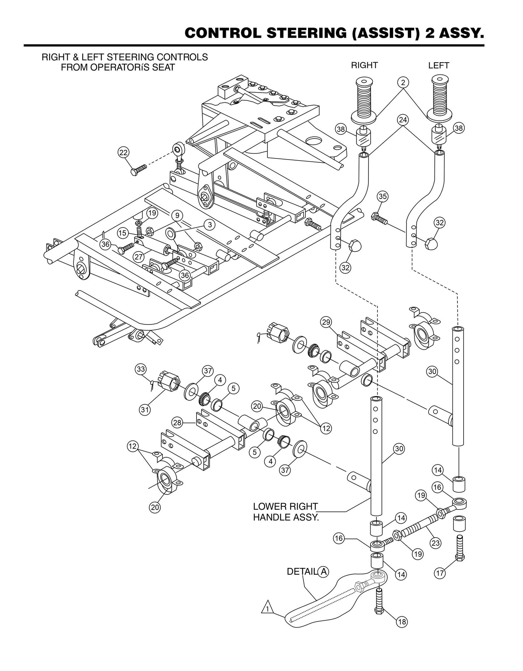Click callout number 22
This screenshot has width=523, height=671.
pyautogui.click(x=124, y=153)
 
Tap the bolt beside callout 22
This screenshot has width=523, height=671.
pyautogui.click(x=139, y=169)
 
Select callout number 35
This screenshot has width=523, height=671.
pyautogui.click(x=383, y=196)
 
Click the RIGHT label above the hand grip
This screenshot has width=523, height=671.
pyautogui.click(x=364, y=65)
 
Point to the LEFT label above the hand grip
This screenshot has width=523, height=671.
pyautogui.click(x=439, y=65)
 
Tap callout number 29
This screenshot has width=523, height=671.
pyautogui.click(x=326, y=322)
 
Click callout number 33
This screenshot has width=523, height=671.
pyautogui.click(x=140, y=369)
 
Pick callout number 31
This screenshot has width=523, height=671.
pyautogui.click(x=144, y=410)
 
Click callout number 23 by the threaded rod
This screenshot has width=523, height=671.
pyautogui.click(x=435, y=543)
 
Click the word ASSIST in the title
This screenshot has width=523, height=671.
pyautogui.click(x=378, y=33)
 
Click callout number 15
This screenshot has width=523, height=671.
pyautogui.click(x=123, y=233)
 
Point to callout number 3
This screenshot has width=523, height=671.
pyautogui.click(x=210, y=225)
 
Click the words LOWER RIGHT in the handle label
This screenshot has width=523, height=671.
pyautogui.click(x=285, y=506)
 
